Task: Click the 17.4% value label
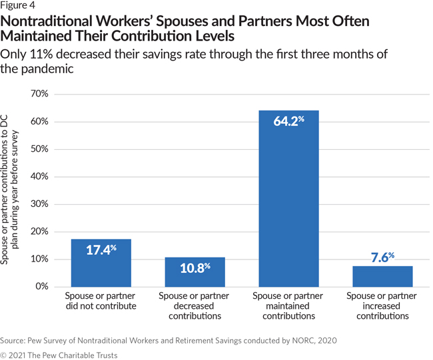(x=101, y=250)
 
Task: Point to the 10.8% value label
(x=195, y=268)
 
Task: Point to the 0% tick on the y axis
(x=41, y=287)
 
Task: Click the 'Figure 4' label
(x=21, y=8)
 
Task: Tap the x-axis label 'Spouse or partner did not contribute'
(x=101, y=301)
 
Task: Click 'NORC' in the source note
(x=304, y=340)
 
